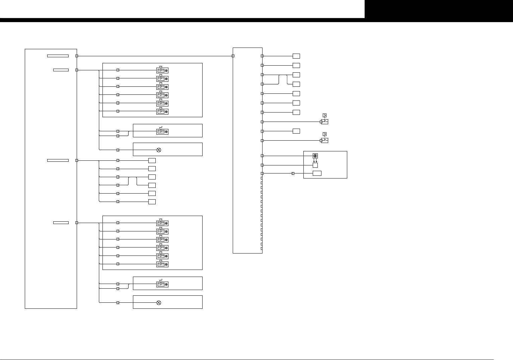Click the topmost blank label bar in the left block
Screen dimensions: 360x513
[58, 56]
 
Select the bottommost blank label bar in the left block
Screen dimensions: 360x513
[61, 223]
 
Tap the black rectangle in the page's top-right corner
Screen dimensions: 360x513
[439, 9]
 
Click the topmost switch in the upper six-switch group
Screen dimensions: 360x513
[162, 70]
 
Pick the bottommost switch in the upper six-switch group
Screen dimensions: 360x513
[162, 112]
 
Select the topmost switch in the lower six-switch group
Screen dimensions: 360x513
[162, 223]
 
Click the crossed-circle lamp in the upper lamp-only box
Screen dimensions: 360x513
[159, 150]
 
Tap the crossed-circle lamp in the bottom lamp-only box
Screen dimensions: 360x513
[159, 303]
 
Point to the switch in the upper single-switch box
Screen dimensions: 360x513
[162, 132]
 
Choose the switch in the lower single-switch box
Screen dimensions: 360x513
[162, 284]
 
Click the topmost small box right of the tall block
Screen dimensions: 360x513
[296, 56]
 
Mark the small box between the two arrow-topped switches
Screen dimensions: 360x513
[296, 131]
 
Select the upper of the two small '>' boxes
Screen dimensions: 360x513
[324, 116]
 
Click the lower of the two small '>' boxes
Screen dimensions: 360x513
[324, 134]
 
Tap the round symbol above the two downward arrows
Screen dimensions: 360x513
[315, 156]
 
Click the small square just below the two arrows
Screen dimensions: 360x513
[315, 165]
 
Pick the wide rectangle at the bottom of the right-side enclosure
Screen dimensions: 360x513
[317, 173]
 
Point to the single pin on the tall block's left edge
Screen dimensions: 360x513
[233, 56]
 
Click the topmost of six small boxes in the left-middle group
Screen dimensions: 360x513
[152, 160]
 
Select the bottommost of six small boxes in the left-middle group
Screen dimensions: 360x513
[152, 202]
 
